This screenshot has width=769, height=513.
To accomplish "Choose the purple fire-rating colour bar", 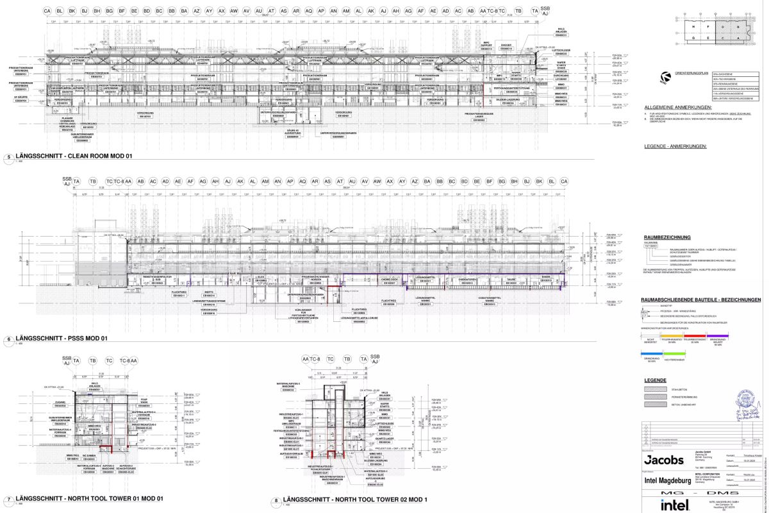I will click(x=717, y=333).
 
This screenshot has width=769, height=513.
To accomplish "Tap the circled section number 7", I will click(x=8, y=498).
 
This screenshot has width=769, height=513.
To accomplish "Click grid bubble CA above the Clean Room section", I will click(x=47, y=12).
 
